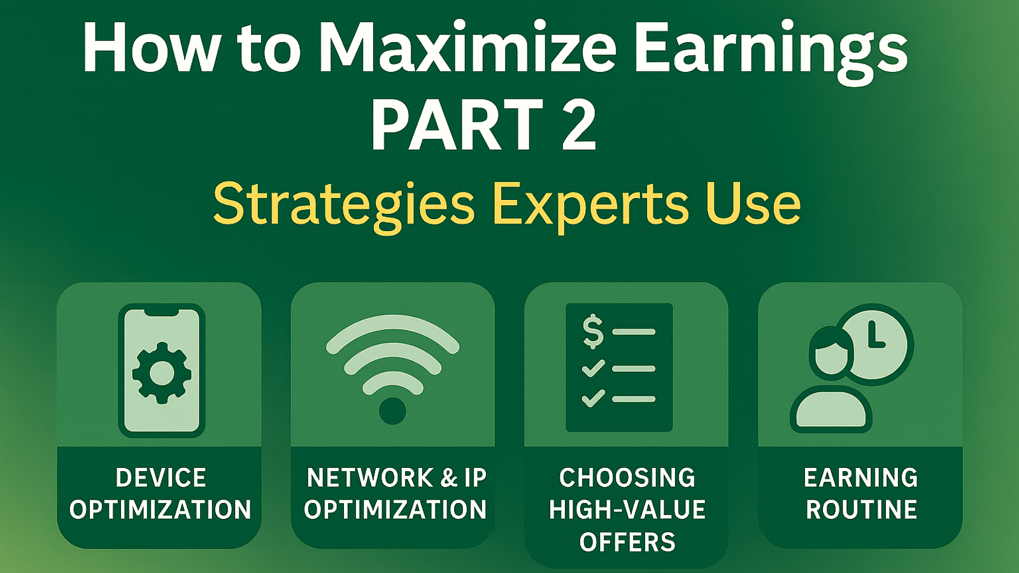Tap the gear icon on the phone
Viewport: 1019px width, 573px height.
(162, 373)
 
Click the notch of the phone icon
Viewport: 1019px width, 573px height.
(162, 313)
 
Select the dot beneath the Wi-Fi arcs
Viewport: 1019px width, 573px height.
(392, 411)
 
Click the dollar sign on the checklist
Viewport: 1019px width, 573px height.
(593, 332)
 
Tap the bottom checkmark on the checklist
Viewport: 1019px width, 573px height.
(593, 399)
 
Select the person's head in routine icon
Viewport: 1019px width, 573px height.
(830, 354)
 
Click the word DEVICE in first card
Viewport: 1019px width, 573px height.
(160, 478)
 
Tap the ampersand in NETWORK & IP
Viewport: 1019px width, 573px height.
(448, 478)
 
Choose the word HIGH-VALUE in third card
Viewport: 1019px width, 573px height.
(627, 509)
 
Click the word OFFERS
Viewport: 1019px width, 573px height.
(627, 542)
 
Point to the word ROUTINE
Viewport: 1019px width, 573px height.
(861, 509)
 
